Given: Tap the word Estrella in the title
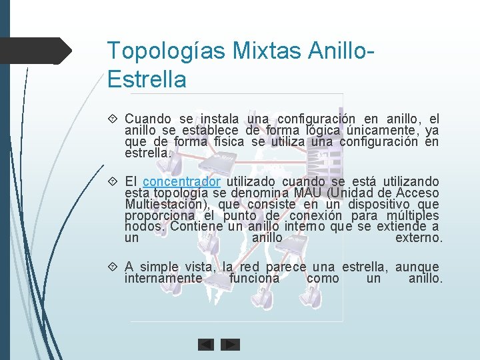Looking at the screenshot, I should (x=147, y=79).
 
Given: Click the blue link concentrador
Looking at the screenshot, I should (x=181, y=181).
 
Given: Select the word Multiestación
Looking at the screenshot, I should (x=167, y=204).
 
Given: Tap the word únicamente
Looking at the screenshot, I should (x=385, y=131).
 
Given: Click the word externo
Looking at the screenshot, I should (x=419, y=238).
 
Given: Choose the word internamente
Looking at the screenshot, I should (x=163, y=278).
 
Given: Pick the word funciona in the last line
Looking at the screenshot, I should (x=254, y=278).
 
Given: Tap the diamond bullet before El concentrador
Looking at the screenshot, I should (x=114, y=182).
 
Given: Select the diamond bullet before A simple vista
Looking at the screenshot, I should (x=114, y=267).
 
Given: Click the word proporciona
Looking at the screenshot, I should (x=159, y=215).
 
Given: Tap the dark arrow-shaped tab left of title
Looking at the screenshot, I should (x=37, y=51).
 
